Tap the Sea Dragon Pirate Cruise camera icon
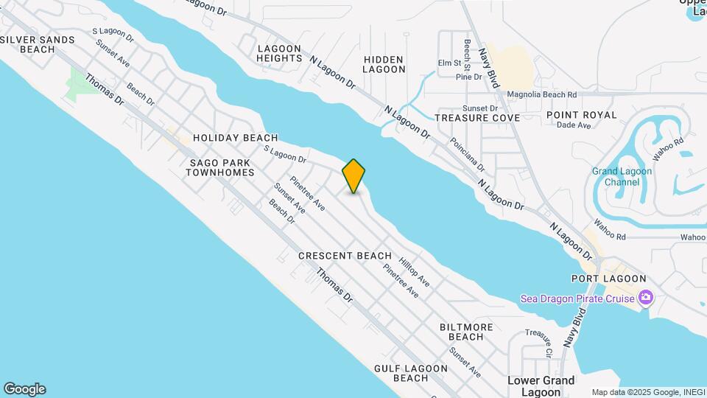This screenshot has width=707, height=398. pyautogui.click(x=646, y=298)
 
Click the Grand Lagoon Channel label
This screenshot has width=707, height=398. pyautogui.click(x=622, y=177)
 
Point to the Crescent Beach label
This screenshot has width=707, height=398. pyautogui.click(x=345, y=256)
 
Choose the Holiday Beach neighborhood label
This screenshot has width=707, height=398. pyautogui.click(x=235, y=138)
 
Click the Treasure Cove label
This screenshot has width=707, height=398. pyautogui.click(x=477, y=118)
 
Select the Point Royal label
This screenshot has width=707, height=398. pyautogui.click(x=581, y=115)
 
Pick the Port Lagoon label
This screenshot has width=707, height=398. pyautogui.click(x=608, y=279)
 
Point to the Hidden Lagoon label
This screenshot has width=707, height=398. pyautogui.click(x=384, y=64)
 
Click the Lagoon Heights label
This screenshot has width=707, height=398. pyautogui.click(x=279, y=53)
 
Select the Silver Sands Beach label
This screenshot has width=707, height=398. pyautogui.click(x=38, y=44)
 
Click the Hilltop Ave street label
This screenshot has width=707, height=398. pyautogui.click(x=414, y=272)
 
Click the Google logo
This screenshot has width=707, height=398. pyautogui.click(x=24, y=389)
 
